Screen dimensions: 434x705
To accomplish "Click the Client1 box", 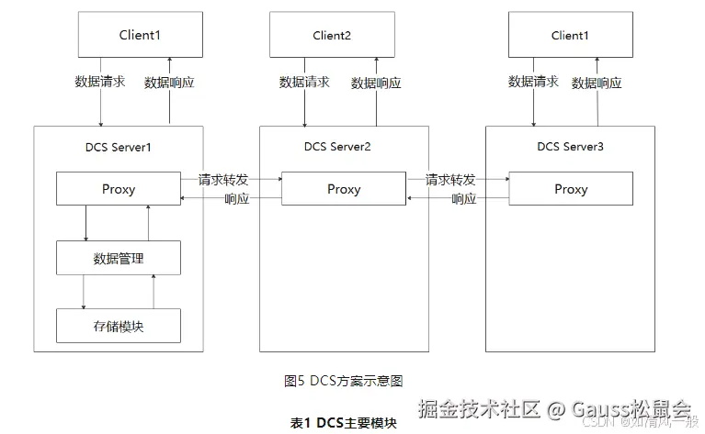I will pyautogui.click(x=139, y=35).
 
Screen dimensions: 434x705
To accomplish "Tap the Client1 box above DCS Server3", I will pyautogui.click(x=569, y=35).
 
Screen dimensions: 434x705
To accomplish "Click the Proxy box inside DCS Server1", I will pyautogui.click(x=119, y=189).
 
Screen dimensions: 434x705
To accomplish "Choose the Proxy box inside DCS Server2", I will pyautogui.click(x=344, y=189).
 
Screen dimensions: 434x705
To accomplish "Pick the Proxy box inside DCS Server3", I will pyautogui.click(x=571, y=189).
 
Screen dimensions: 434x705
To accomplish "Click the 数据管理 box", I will pyautogui.click(x=119, y=259).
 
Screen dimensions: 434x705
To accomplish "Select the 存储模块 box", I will pyautogui.click(x=119, y=326).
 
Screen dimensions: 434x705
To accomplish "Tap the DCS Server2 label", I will pyautogui.click(x=337, y=147).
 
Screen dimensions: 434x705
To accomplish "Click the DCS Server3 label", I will pyautogui.click(x=571, y=147).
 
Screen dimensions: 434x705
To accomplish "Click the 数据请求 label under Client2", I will pyautogui.click(x=304, y=83).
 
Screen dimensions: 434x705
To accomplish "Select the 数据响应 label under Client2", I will pyautogui.click(x=376, y=83).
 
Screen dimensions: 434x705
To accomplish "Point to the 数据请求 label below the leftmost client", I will pyautogui.click(x=99, y=82).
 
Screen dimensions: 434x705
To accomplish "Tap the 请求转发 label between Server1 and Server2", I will pyautogui.click(x=223, y=179).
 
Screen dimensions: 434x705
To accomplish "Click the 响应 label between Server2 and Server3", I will pyautogui.click(x=463, y=199).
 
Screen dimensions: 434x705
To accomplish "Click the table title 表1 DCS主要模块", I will pyautogui.click(x=343, y=422).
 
